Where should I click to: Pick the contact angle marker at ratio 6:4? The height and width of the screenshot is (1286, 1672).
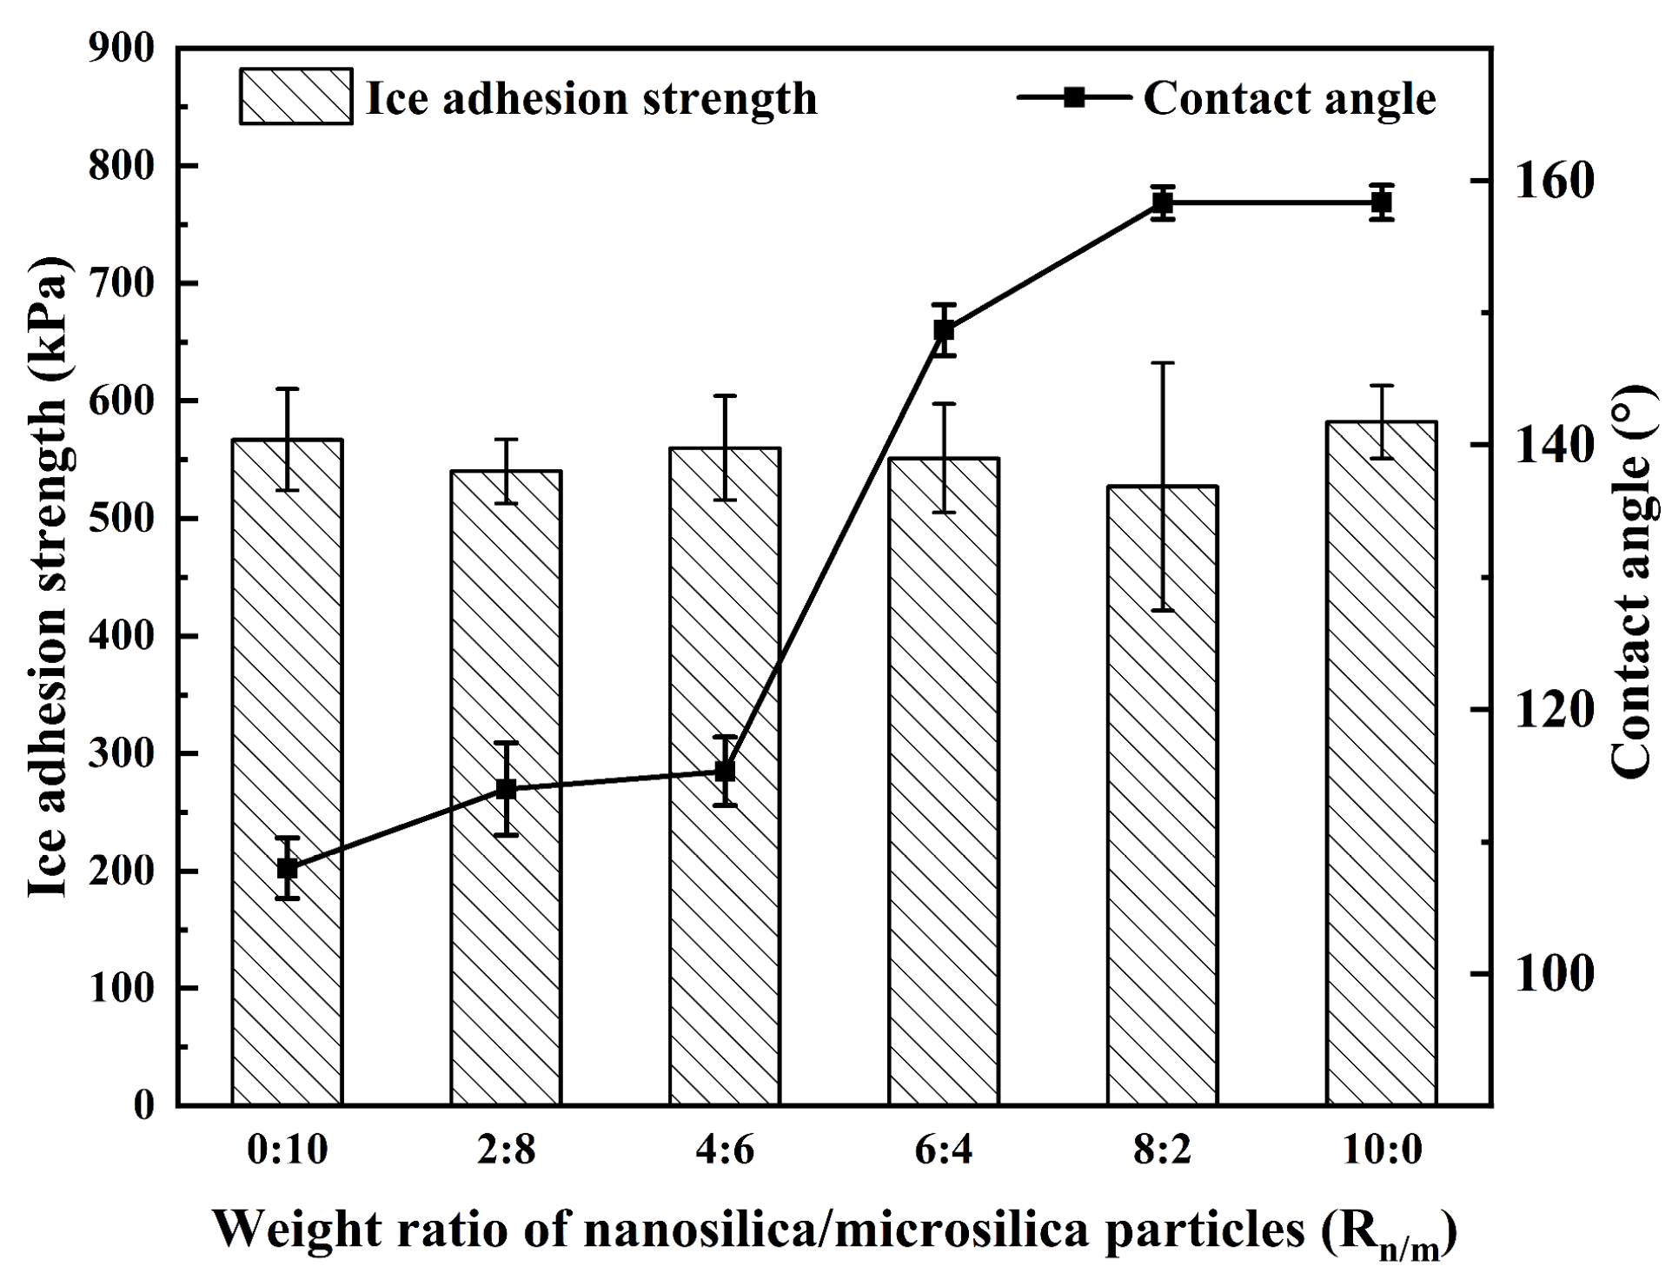pos(945,330)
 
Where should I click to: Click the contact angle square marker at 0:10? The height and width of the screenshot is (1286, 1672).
pos(288,868)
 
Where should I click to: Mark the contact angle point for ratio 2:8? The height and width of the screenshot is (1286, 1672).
pos(507,789)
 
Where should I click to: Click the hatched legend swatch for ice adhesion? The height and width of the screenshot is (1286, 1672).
pos(295,96)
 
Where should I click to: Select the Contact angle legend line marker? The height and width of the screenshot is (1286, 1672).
pos(1074,96)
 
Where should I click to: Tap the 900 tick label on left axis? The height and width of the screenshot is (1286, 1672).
pos(122,49)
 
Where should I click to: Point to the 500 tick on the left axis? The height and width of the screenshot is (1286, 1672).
pos(122,519)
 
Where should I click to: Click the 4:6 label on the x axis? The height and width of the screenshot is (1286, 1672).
pos(726,1150)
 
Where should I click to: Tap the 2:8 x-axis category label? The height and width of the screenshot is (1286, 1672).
pos(507,1150)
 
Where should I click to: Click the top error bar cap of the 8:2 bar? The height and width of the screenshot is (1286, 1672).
pos(1163,363)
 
